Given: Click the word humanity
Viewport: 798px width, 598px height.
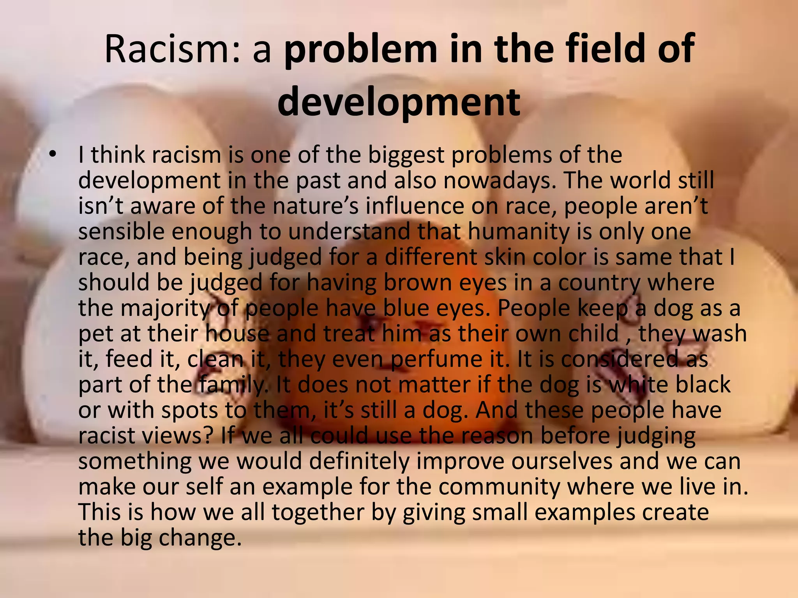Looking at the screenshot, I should [x=518, y=232].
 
